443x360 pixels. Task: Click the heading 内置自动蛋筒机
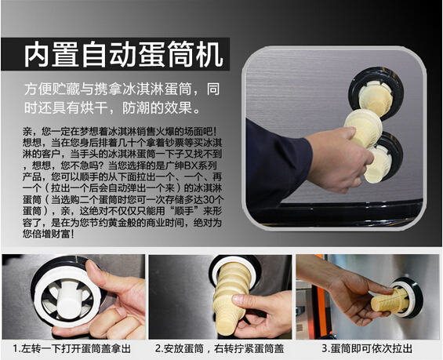pos(123,55)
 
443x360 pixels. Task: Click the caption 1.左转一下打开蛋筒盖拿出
pos(72,348)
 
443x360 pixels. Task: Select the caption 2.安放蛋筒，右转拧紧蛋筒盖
pos(220,348)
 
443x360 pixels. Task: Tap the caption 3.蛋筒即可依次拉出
pos(367,348)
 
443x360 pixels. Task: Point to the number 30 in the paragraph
pos(209,200)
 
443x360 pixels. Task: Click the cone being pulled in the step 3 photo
pos(388,301)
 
